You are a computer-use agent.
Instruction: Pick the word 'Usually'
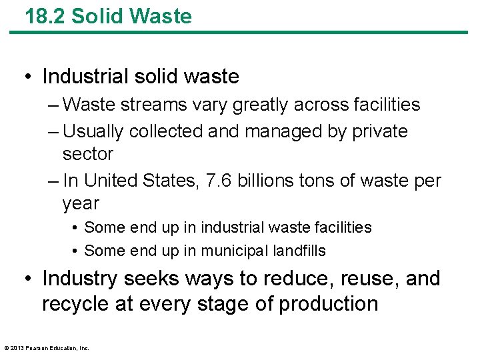click(x=93, y=131)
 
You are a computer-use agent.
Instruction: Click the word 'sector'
click(x=87, y=154)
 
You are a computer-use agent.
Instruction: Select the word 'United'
click(x=118, y=181)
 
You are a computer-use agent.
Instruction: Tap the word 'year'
click(x=80, y=204)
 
